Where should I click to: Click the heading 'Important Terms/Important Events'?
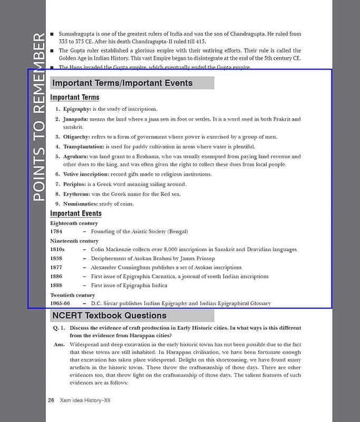click(122, 83)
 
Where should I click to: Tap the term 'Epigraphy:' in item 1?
click(77, 109)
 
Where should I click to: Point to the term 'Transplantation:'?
click(84, 147)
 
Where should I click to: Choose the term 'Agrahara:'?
click(75, 157)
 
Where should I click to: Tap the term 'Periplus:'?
click(74, 184)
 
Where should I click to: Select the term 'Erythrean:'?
click(76, 194)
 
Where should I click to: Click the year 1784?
click(56, 232)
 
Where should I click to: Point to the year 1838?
click(56, 258)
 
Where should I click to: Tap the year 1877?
click(56, 267)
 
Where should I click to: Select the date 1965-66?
click(60, 304)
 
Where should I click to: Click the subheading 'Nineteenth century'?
click(74, 241)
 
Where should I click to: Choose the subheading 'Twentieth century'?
click(73, 295)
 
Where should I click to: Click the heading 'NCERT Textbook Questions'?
click(110, 316)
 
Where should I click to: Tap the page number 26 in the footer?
click(51, 401)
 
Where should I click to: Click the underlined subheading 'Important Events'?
click(76, 214)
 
